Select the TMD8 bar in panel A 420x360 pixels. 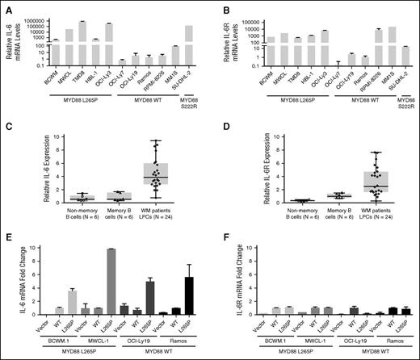pyautogui.click(x=82, y=40)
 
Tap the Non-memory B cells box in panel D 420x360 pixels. pyautogui.click(x=279, y=200)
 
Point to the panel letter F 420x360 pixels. pyautogui.click(x=225, y=240)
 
